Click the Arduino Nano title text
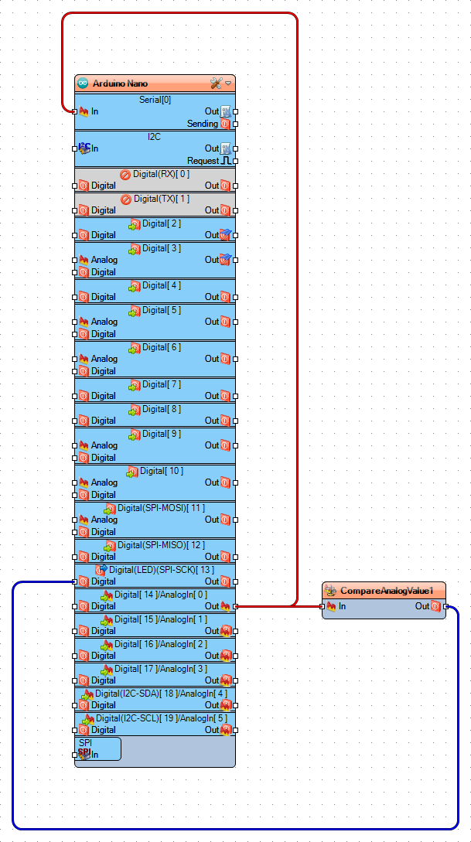click(x=120, y=84)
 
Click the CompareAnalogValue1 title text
click(x=386, y=591)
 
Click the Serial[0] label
click(x=155, y=100)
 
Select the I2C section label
click(x=155, y=137)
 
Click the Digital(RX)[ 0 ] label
click(x=161, y=174)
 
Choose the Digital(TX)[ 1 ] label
click(x=161, y=199)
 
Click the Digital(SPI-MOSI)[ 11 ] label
click(x=161, y=508)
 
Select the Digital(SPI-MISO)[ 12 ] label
click(x=161, y=545)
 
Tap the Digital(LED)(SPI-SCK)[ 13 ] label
click(x=161, y=570)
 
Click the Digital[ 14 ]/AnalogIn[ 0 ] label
click(x=161, y=595)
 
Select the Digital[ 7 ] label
click(x=161, y=384)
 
